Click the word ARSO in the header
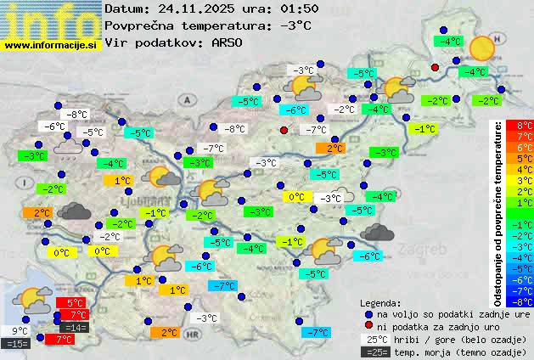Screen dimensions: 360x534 (x=228, y=42)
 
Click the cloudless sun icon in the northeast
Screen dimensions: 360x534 (x=482, y=48)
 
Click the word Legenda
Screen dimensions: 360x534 (x=380, y=302)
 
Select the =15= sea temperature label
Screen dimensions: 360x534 (x=17, y=344)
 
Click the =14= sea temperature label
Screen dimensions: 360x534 (x=75, y=327)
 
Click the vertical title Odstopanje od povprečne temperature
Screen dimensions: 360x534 (x=498, y=212)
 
